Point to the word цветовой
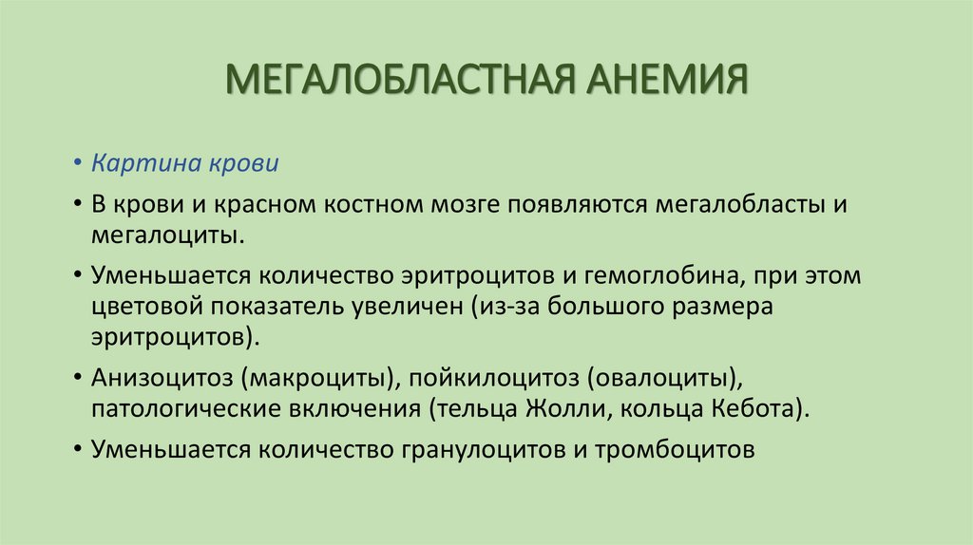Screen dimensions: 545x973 click(x=140, y=307)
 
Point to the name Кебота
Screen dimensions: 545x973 click(x=757, y=408)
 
